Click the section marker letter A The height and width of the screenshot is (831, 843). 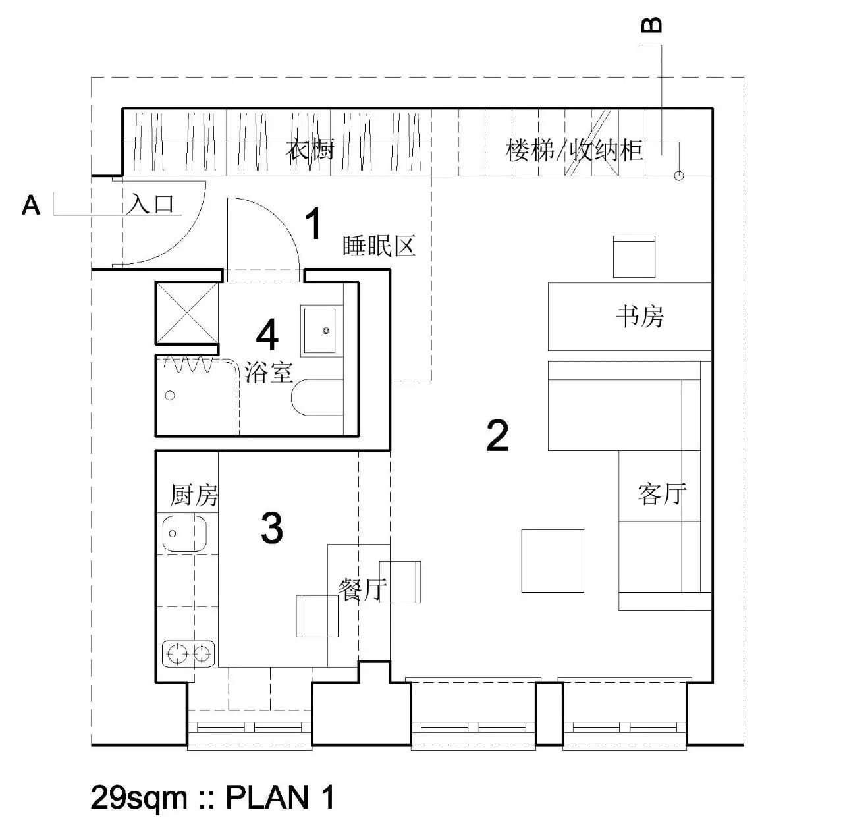31,205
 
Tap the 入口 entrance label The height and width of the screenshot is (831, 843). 151,203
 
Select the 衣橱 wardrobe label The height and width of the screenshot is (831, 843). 310,149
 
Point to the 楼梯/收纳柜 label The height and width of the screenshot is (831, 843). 574,150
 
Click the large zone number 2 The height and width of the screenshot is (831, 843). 497,435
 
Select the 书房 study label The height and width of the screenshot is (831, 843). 640,317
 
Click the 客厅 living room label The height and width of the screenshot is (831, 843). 662,493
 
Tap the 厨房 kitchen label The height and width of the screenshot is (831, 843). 194,495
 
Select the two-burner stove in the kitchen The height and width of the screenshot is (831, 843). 189,653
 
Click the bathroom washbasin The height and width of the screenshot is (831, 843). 322,329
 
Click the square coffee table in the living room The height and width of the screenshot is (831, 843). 553,560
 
